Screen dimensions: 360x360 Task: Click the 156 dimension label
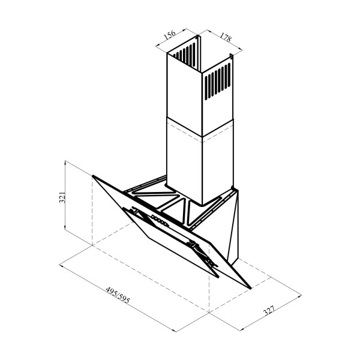point(170,35)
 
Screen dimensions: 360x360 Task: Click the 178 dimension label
point(226,37)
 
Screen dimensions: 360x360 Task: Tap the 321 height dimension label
point(62,197)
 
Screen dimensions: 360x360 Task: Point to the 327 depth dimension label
point(269,310)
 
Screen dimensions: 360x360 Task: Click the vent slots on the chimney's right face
point(217,81)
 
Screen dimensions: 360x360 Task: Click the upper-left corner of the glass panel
point(93,176)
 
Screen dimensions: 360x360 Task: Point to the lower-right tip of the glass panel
point(251,288)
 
